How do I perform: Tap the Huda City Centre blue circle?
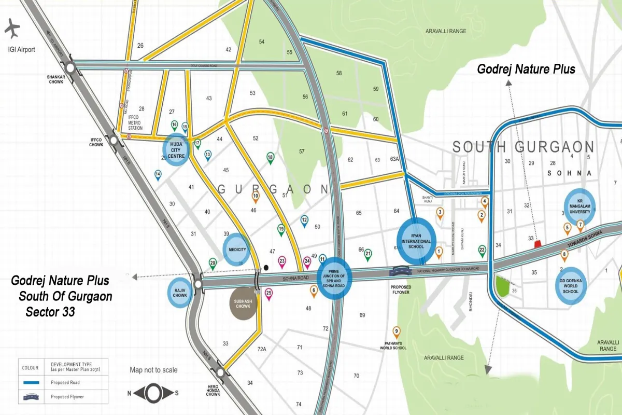click(x=176, y=149)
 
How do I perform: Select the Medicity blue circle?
click(x=237, y=250)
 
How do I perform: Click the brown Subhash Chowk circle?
click(x=243, y=302)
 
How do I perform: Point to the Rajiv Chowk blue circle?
click(x=180, y=293)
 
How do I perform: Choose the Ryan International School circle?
click(x=416, y=240)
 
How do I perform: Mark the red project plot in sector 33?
click(x=538, y=243)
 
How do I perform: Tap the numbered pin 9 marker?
click(x=397, y=332)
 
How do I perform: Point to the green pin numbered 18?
click(x=270, y=158)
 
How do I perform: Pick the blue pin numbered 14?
click(x=158, y=175)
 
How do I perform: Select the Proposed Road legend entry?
click(x=65, y=382)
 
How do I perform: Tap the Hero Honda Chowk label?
click(x=213, y=391)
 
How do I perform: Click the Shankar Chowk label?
click(x=55, y=79)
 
